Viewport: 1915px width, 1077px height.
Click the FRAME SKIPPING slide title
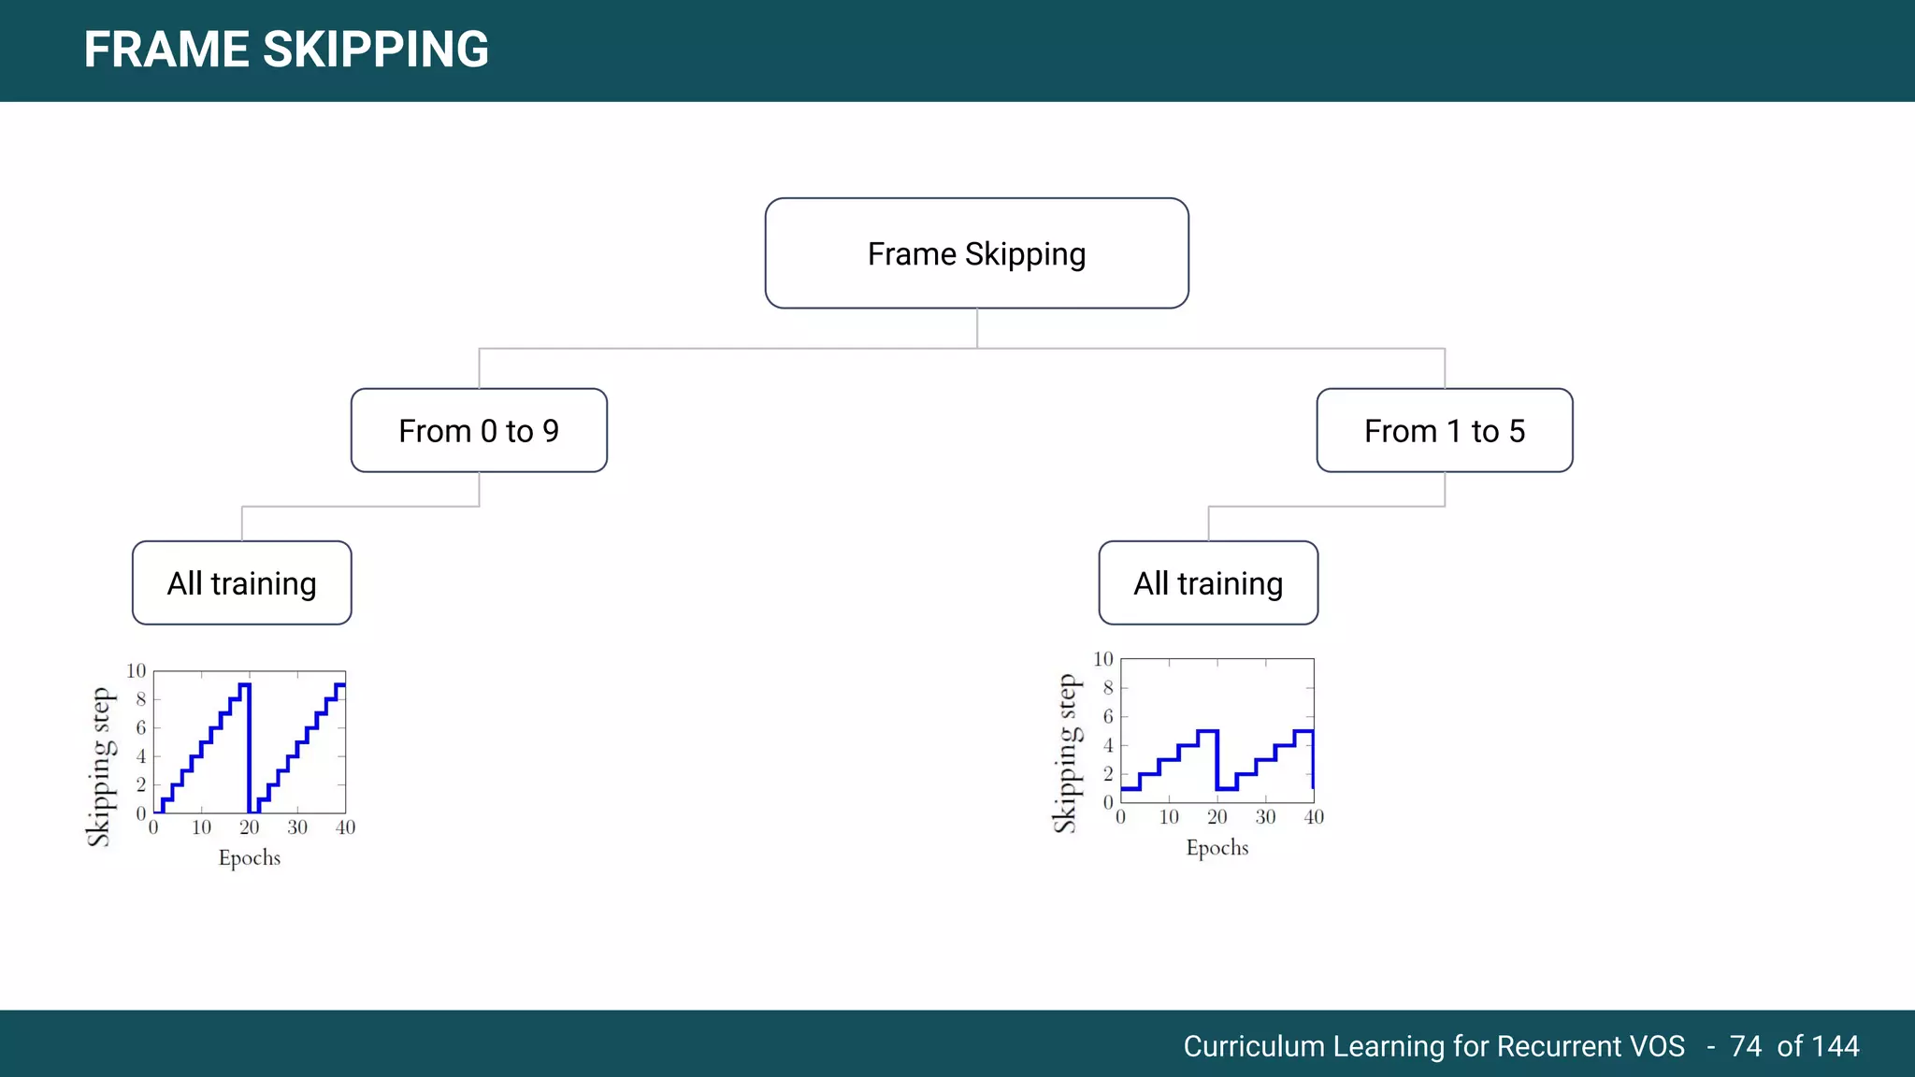click(286, 50)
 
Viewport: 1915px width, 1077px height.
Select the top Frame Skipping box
click(976, 253)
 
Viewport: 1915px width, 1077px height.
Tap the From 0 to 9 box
click(479, 430)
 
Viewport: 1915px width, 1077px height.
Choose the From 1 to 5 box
click(1444, 430)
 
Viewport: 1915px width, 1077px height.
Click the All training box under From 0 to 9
click(242, 582)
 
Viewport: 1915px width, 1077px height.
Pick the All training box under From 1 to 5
click(1208, 582)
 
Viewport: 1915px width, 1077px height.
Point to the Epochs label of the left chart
click(250, 857)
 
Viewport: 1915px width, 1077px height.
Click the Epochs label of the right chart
click(1217, 847)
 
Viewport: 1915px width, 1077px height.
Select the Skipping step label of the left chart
click(99, 767)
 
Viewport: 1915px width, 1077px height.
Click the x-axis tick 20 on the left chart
click(249, 827)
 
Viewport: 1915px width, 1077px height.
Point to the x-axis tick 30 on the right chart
click(1265, 817)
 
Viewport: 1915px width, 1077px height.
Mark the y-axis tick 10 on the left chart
click(137, 670)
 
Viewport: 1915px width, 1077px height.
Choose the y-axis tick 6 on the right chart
click(1108, 716)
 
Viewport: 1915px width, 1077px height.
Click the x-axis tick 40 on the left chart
click(345, 827)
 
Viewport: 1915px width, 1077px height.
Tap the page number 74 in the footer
click(1745, 1045)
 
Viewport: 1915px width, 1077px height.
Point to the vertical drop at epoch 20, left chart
click(250, 748)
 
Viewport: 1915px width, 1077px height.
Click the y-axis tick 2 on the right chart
click(1108, 774)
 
